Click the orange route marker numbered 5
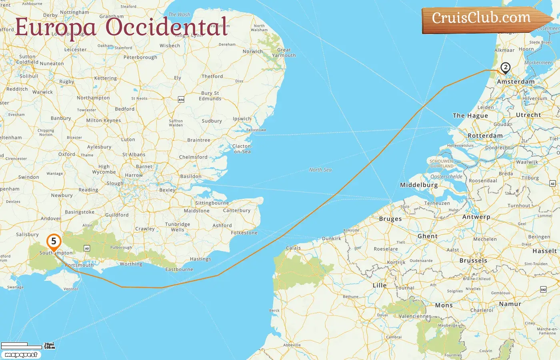pos(54,242)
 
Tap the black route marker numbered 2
pos(506,68)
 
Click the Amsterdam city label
pos(516,82)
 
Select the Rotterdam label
pos(485,136)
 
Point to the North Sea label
pos(320,170)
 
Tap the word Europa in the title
pos(56,27)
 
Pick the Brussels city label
pos(473,260)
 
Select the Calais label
pos(293,248)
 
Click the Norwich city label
pos(253,51)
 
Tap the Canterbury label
pos(237,210)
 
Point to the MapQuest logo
pos(21,355)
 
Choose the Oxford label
pos(66,154)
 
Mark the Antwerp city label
pos(476,217)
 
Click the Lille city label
pos(380,285)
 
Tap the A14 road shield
pos(181,100)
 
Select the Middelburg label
pos(419,185)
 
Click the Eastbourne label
pos(179,269)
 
